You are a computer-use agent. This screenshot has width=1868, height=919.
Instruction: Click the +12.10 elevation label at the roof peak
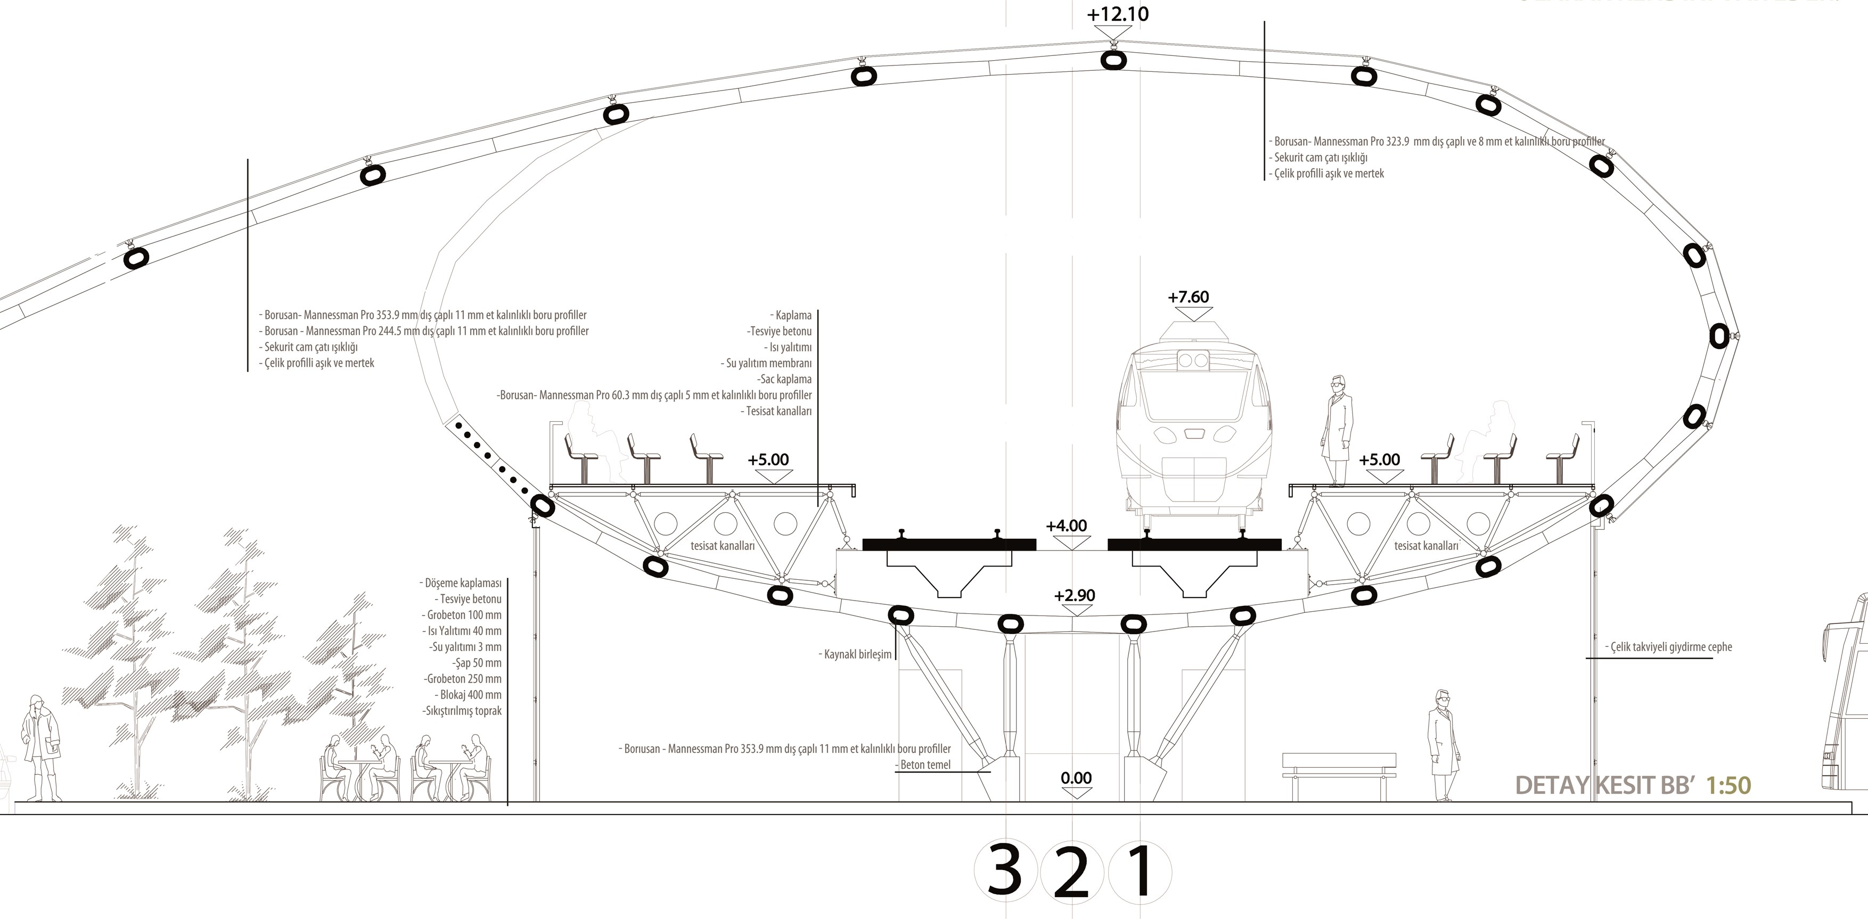(x=1118, y=14)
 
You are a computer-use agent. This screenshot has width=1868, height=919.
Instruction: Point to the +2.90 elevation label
(x=1075, y=595)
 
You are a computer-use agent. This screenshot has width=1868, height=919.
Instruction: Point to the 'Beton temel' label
(x=924, y=765)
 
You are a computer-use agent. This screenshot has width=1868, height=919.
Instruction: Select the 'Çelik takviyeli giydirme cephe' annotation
(x=1668, y=647)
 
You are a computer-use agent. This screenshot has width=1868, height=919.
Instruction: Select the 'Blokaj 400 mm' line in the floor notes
(x=470, y=695)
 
